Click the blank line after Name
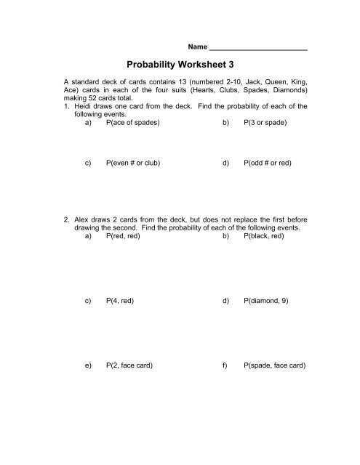pyautogui.click(x=258, y=44)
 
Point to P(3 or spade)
pyautogui.click(x=265, y=124)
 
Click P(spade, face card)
pyautogui.click(x=274, y=367)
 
